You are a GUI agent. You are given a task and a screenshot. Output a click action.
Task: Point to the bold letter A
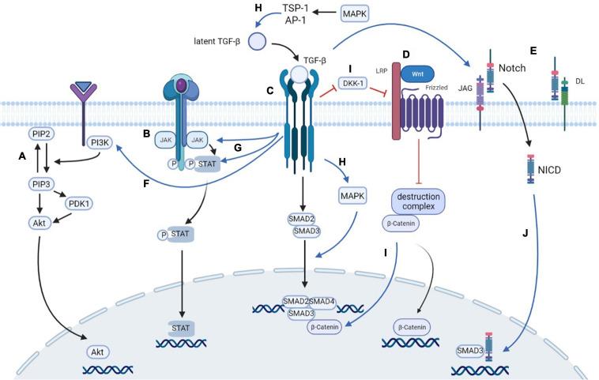click(x=22, y=158)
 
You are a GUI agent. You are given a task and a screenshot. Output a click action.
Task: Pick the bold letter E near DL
click(x=533, y=52)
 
